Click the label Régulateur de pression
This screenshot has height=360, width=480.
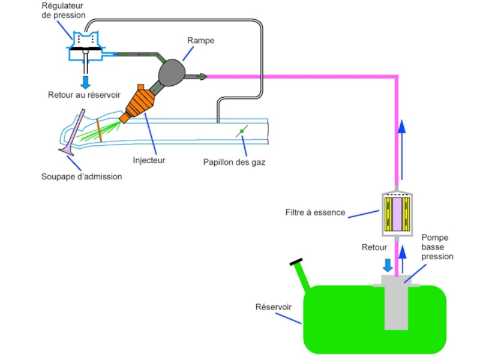[63, 10]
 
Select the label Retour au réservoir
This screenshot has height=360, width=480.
[84, 95]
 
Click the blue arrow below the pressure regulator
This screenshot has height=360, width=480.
[85, 80]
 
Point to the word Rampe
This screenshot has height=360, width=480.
[200, 41]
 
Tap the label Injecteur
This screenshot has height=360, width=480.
[149, 160]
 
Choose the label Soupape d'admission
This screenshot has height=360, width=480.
[82, 176]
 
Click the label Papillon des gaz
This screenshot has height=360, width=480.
[234, 162]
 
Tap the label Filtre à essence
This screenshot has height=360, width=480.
[316, 212]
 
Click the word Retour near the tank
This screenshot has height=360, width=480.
[374, 247]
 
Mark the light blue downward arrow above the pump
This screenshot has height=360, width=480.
[388, 265]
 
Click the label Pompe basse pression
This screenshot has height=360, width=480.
[437, 247]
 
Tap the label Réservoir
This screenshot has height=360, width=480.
[274, 307]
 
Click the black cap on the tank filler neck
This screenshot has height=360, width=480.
[296, 262]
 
